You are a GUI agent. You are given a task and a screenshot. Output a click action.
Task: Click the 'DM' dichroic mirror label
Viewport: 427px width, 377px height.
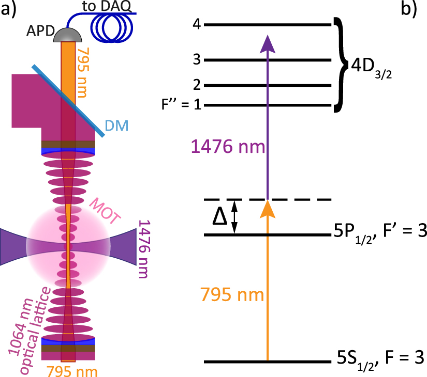116,124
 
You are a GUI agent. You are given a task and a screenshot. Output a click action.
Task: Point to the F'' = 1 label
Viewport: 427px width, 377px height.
181,106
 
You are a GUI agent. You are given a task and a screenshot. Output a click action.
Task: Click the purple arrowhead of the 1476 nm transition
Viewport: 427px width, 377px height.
267,43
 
